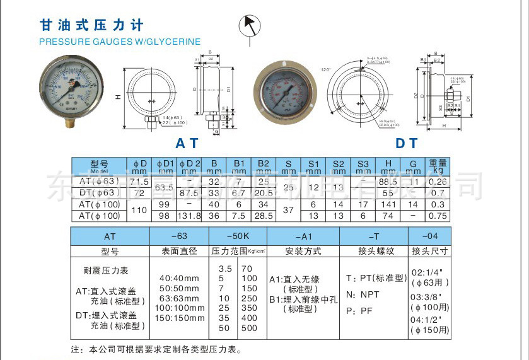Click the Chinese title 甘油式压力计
coord(92,25)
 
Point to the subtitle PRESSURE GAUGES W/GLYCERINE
coord(120,42)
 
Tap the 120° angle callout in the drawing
coord(325,69)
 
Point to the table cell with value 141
coord(388,204)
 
